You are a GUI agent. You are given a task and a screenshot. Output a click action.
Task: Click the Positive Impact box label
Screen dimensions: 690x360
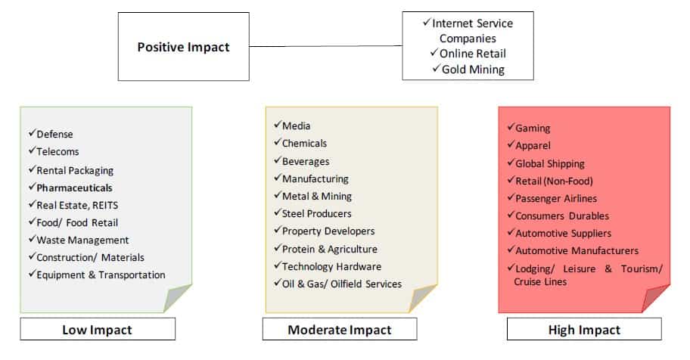184,47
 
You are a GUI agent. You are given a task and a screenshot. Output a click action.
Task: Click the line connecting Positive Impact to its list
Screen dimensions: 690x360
325,46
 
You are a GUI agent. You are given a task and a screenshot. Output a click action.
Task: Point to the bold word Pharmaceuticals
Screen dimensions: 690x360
74,188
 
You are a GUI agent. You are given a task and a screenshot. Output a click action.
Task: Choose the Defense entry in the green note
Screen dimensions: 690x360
54,134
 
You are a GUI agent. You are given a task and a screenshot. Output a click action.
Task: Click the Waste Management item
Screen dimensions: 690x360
82,241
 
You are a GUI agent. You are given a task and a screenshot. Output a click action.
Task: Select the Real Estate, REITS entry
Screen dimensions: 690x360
77,206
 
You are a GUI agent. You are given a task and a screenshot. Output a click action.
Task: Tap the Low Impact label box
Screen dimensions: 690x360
98,329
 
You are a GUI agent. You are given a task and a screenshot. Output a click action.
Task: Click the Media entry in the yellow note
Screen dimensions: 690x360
296,126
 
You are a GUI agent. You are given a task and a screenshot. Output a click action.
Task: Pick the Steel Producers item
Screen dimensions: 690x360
317,214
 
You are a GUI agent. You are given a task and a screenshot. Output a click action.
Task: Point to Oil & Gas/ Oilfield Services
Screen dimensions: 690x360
342,284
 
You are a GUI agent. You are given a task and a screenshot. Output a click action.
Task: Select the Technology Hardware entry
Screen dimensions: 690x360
332,267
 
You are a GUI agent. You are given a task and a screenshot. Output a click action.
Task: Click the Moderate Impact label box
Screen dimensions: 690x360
340,330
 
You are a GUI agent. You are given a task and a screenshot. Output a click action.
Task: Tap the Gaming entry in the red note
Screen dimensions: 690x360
533,129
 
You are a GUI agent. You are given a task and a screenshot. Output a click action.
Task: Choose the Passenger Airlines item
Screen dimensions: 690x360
556,198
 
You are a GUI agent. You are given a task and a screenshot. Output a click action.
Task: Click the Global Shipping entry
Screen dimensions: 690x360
550,163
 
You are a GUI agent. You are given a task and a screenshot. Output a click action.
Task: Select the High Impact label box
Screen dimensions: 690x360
584,330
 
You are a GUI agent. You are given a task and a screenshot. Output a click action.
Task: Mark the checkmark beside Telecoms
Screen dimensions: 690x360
32,151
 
